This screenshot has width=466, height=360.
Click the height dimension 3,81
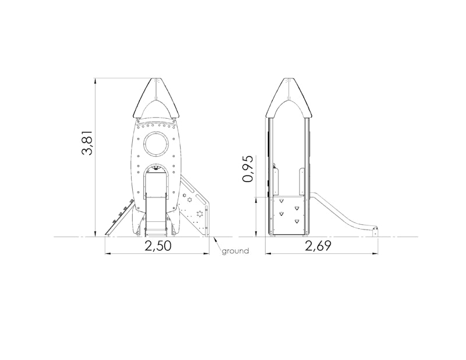88,143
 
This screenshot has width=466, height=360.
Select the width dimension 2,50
158,246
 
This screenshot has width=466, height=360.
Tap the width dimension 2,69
318,246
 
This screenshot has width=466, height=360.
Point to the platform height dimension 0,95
248,169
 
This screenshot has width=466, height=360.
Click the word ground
235,251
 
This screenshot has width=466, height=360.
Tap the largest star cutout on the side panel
200,213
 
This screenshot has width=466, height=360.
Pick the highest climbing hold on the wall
281,201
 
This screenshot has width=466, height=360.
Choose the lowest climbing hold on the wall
296,221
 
